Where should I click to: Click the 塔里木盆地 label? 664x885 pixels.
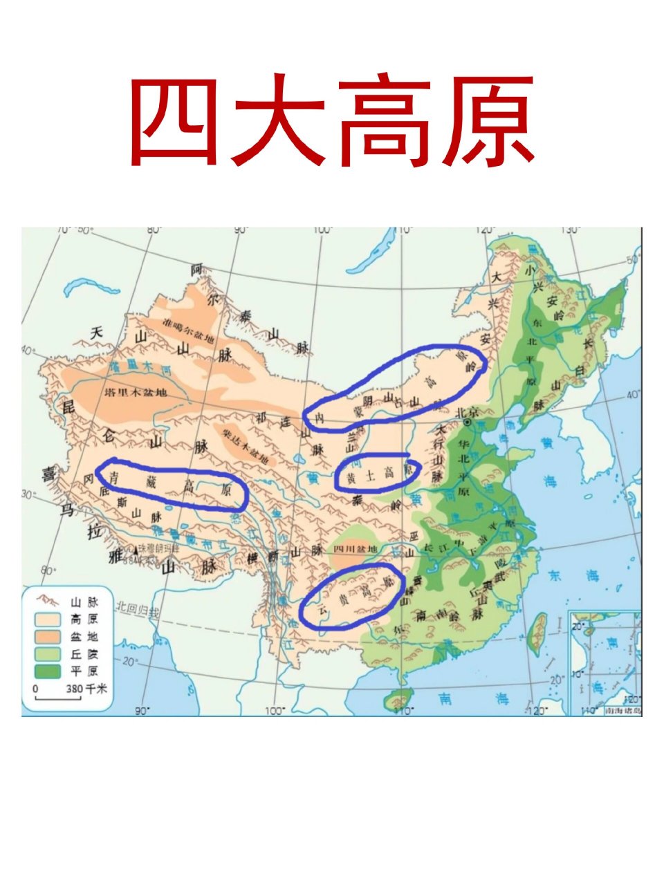point(136,393)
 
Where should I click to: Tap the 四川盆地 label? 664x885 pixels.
point(355,549)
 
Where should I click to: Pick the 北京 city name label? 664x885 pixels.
point(468,411)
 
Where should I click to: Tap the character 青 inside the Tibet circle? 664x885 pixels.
point(116,476)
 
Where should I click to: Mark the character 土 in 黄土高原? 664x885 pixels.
point(370,476)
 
